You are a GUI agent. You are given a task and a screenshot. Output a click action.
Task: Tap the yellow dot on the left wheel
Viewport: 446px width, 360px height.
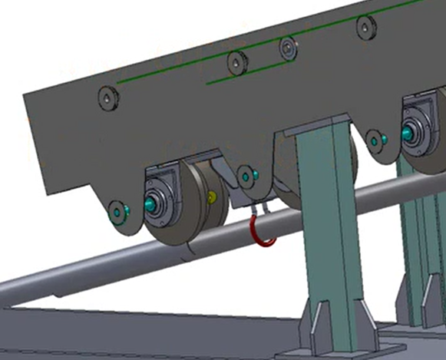213,197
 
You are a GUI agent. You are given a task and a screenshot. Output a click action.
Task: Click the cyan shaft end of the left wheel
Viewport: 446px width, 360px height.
149,205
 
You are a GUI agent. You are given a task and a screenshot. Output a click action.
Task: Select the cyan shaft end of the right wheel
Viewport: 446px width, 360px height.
406,134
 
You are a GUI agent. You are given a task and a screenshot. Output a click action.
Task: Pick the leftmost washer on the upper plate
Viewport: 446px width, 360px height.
107,97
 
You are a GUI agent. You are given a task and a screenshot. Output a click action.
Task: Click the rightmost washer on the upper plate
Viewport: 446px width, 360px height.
366,28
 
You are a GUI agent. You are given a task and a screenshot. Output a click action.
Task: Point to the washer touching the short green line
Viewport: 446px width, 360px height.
236,62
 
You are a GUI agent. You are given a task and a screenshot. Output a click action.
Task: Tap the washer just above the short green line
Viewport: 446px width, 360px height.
288,48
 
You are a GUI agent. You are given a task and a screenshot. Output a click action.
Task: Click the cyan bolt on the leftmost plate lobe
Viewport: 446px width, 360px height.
117,210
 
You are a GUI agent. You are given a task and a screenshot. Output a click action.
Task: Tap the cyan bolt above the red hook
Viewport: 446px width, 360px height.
245,176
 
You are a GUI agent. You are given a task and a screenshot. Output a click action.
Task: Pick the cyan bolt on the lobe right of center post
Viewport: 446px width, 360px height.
375,140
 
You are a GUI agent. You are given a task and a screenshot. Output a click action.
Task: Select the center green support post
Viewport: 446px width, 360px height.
325,230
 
